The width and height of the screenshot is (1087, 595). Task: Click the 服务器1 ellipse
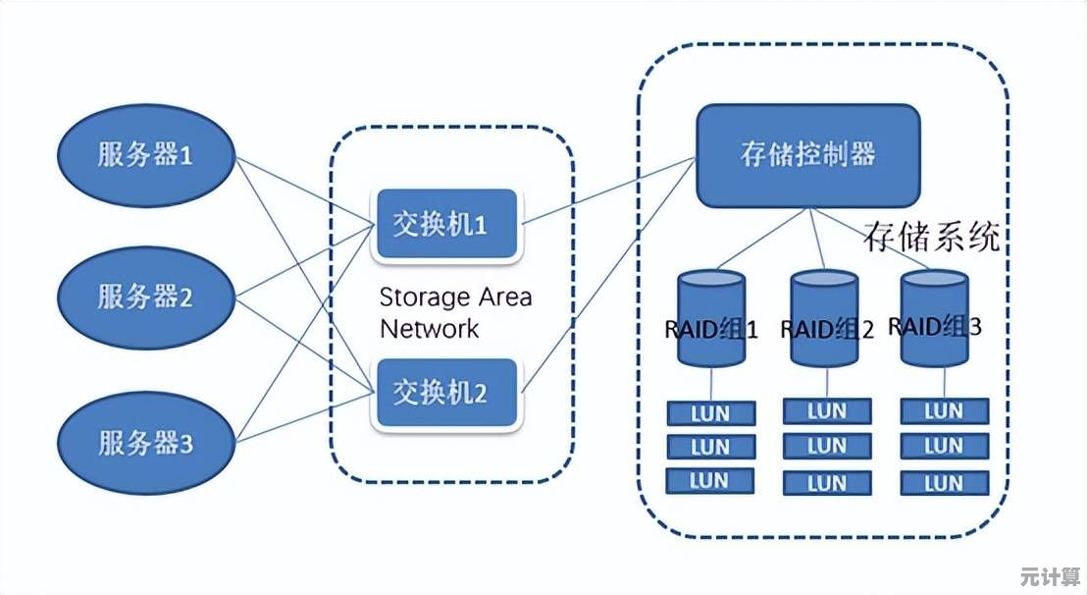point(145,155)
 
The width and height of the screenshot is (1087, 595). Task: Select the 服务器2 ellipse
point(145,296)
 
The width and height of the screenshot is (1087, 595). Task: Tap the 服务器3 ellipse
point(145,443)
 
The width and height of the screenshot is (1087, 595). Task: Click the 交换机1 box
point(446,225)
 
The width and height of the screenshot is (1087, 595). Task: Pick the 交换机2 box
point(446,393)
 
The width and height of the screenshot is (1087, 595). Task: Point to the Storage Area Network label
point(455,312)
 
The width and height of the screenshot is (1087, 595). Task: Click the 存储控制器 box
point(807,155)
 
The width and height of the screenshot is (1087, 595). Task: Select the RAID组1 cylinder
point(711,319)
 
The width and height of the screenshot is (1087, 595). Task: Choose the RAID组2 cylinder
point(826,319)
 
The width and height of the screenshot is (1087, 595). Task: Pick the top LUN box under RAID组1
point(710,413)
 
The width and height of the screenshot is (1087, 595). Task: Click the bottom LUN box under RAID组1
point(710,480)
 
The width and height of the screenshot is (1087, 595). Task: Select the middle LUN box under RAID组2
point(826,447)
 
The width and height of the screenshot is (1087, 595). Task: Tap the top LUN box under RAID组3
point(943,411)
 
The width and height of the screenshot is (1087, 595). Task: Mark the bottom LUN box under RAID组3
point(943,482)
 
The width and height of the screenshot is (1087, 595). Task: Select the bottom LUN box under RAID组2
point(826,482)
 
